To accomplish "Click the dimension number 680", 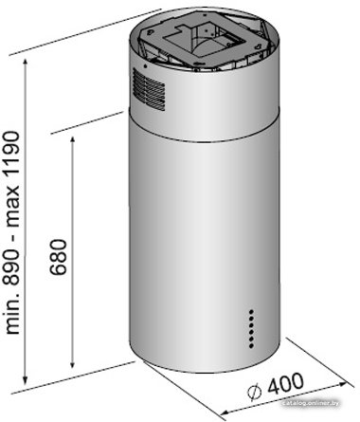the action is (x=59, y=257).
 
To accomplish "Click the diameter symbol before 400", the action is (x=254, y=393).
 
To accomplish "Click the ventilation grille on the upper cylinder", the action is (x=149, y=89).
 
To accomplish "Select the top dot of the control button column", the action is (x=251, y=311).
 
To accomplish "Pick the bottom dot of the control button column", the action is (x=251, y=346).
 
